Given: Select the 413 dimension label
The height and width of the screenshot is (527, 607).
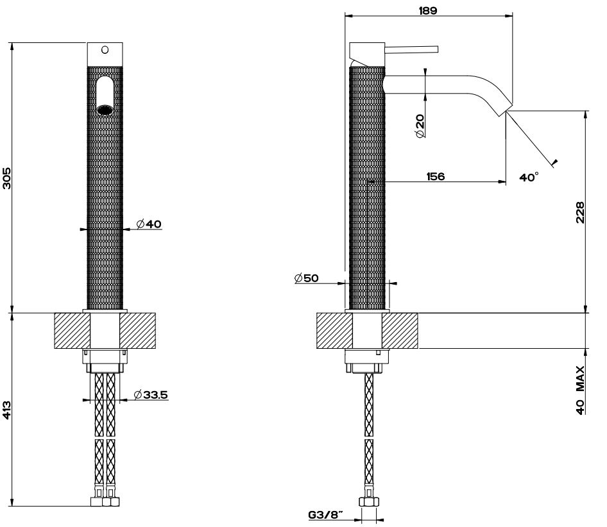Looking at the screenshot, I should (7, 410).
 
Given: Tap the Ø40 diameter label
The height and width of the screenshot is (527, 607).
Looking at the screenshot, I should (149, 224).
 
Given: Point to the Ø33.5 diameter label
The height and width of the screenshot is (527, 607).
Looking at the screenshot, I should (151, 395).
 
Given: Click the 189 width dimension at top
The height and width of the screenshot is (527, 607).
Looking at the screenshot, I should (428, 10).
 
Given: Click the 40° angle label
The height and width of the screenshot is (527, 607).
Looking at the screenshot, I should (529, 178).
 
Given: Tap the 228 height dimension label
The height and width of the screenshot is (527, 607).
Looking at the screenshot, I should (580, 212).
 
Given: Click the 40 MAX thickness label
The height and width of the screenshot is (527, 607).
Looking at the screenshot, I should (580, 390).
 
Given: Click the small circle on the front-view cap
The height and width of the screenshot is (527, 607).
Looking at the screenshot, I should (105, 49).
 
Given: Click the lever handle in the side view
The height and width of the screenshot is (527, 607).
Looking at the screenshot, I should (411, 49).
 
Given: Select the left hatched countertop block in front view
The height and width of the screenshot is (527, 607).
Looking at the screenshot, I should (72, 331).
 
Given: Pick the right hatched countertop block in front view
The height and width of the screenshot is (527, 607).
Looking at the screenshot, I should (139, 331).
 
